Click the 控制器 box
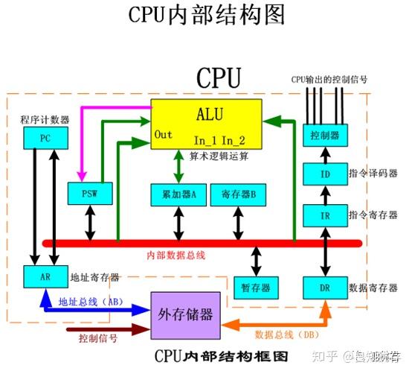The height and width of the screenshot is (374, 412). tap(324, 136)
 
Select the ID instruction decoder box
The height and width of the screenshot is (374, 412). tap(324, 174)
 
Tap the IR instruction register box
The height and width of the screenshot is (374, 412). tap(324, 215)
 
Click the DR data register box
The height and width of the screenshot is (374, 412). tap(324, 287)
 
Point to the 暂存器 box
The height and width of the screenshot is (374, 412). tap(256, 287)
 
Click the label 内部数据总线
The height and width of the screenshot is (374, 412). tap(176, 256)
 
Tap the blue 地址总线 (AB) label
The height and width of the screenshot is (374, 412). tap(91, 302)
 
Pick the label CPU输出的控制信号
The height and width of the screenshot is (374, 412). tap(328, 79)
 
